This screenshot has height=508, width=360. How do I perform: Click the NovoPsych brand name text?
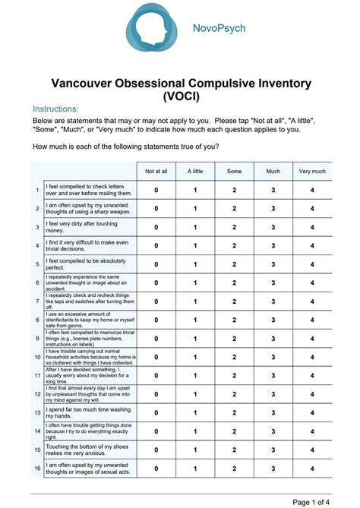coord(218,29)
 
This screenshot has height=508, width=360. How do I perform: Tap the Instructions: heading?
coord(56,109)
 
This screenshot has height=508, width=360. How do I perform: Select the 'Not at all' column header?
coord(156,172)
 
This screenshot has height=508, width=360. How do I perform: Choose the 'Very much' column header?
coord(312,172)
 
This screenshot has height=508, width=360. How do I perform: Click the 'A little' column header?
coord(195,172)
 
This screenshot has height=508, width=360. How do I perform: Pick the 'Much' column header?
coord(273,172)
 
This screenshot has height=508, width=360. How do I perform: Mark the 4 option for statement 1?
coord(312,190)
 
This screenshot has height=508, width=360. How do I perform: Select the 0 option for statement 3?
coord(156,227)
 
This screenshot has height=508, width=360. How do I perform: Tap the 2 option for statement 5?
coord(235,263)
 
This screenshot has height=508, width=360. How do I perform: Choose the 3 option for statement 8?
coord(273,319)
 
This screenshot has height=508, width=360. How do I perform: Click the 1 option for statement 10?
coord(195,356)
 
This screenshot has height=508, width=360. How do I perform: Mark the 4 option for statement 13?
coord(312,412)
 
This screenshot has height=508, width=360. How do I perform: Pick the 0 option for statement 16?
coord(156,468)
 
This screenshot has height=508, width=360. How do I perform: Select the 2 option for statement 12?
coord(235,393)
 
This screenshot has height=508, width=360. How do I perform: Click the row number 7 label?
coord(37,301)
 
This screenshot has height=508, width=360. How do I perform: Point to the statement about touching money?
coord(79,227)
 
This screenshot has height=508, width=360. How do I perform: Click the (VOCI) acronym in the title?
coord(179,95)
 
